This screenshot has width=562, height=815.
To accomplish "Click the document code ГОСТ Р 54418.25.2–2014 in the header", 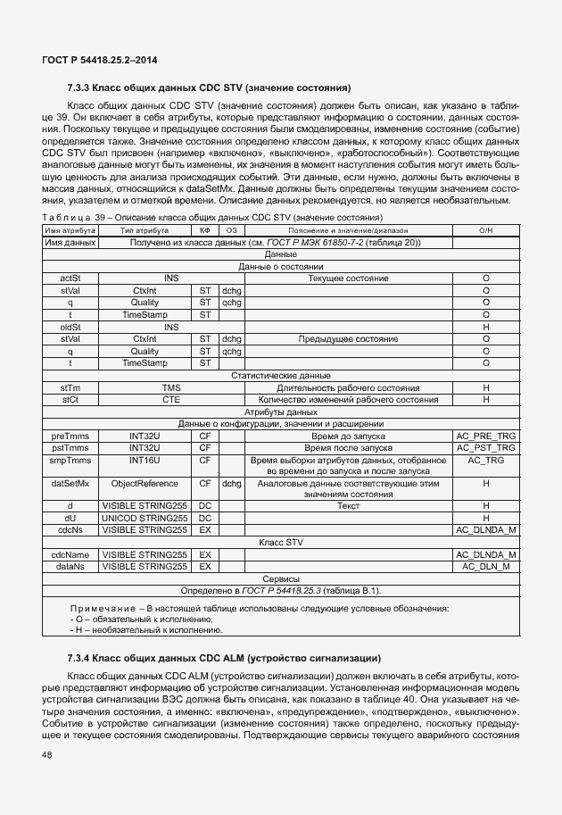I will pos(100,60).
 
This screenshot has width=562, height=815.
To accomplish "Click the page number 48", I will pos(47,755).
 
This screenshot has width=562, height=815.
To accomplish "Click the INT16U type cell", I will pos(145,460).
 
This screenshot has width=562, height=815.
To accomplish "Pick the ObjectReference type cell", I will pos(145,483).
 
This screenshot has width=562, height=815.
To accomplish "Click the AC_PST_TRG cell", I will pos(485,447).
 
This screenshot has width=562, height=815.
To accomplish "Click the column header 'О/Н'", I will pos(485,230).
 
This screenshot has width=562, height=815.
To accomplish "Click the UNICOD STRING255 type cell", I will pos(145,518).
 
